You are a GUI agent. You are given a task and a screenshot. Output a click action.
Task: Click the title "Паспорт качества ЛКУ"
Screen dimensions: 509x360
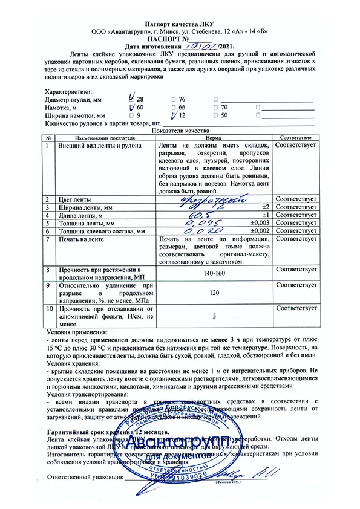click(180, 21)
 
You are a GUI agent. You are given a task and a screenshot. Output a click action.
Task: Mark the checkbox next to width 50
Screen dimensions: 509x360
click(216, 115)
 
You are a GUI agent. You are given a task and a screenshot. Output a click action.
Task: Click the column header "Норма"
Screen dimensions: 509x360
click(213, 138)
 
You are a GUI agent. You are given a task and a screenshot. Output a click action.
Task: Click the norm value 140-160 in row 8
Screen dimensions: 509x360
click(213, 273)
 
